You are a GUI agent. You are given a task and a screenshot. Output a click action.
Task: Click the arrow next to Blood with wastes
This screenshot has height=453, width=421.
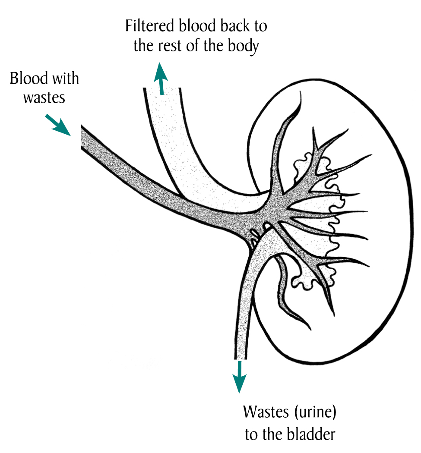pos(58,125)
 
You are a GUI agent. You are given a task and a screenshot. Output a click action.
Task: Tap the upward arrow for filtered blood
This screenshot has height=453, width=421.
pos(161,79)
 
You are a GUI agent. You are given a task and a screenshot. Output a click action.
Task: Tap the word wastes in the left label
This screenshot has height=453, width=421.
pos(44,98)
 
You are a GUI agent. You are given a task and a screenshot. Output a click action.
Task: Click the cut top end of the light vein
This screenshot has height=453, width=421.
pos(161,89)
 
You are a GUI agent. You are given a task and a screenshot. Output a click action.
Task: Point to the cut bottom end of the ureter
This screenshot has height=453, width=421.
pos(241,357)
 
